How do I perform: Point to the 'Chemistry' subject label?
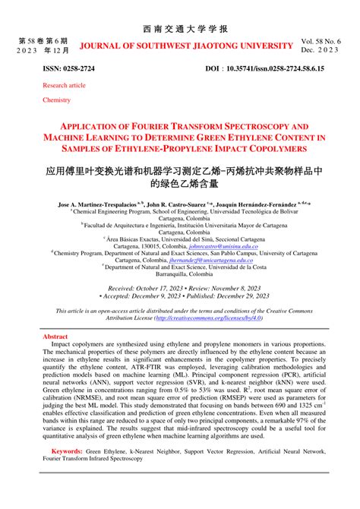(56, 100)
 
